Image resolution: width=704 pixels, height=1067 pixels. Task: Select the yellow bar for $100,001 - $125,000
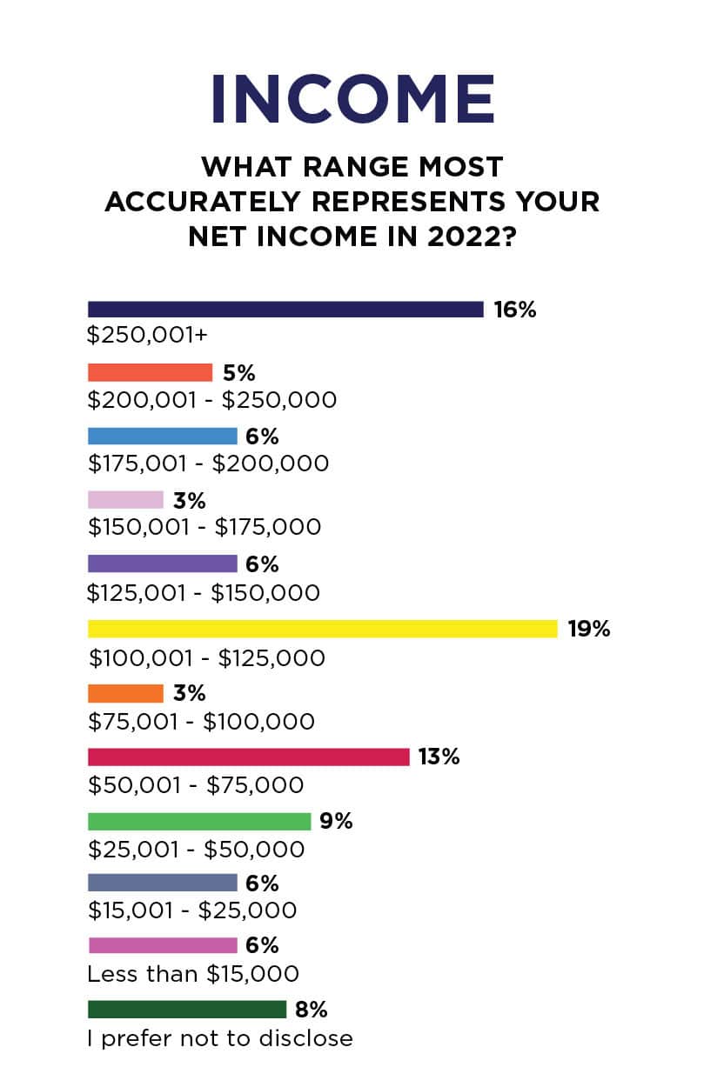322,629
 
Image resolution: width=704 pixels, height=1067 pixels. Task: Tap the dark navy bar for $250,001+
285,310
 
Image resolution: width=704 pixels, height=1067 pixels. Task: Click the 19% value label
589,629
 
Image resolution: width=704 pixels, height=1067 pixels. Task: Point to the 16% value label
515,310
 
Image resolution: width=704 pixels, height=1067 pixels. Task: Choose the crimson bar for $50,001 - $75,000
248,757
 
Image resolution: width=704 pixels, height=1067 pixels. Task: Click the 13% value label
439,757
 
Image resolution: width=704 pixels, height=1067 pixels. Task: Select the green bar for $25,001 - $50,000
199,821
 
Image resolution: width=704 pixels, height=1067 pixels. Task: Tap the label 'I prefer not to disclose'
220,1037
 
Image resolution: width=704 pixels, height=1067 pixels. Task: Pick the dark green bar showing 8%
187,1010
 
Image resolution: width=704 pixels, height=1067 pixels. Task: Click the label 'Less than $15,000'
193,974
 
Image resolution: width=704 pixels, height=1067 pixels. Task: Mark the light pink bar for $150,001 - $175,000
125,500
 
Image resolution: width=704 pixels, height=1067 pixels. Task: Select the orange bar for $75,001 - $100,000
125,693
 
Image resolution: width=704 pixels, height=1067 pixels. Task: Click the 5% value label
238,373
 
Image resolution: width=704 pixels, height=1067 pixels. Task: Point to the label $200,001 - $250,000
212,400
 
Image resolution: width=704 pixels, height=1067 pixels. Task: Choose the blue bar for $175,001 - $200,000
162,437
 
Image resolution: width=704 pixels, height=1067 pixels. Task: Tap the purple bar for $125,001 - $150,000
162,564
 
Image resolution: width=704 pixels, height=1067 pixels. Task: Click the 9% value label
336,821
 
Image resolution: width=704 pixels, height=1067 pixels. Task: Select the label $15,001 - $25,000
192,910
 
